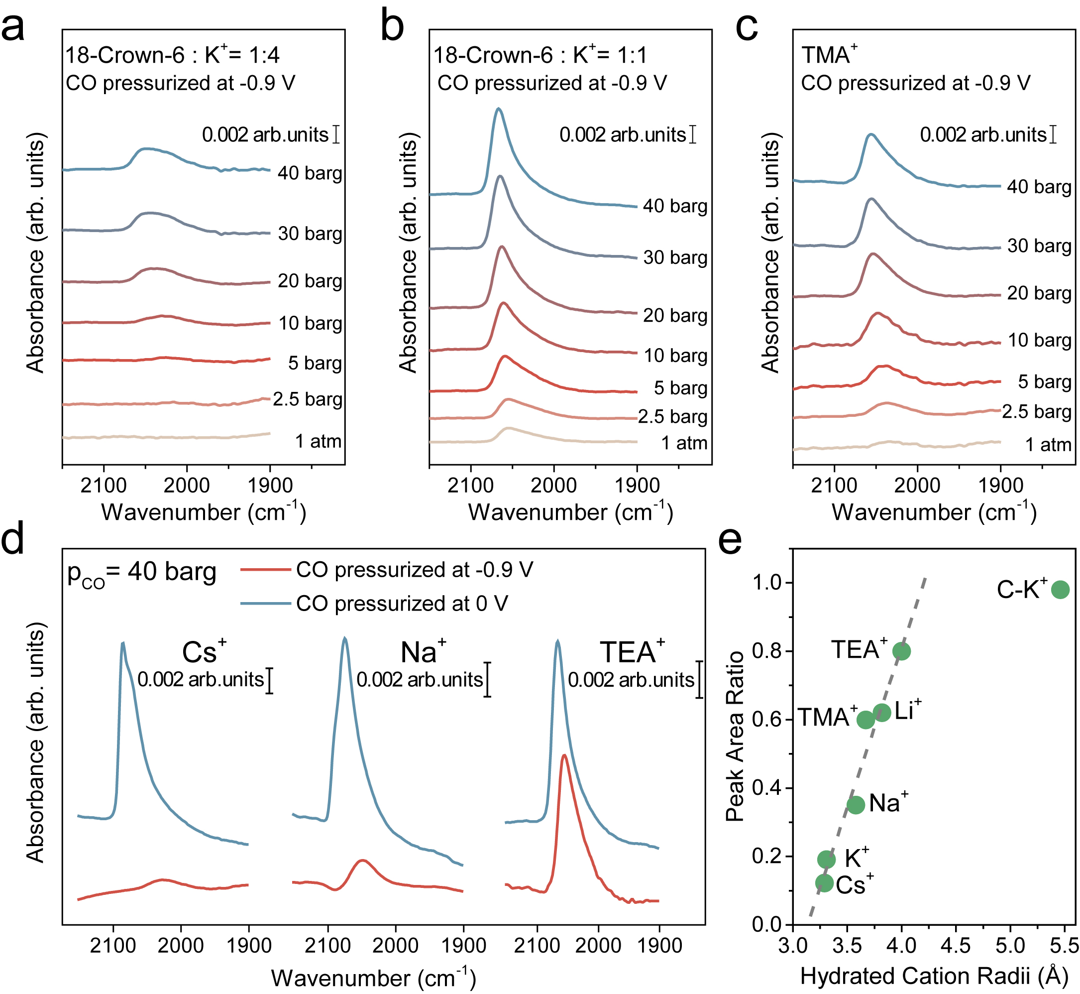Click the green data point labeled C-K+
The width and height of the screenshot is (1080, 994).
(1060, 590)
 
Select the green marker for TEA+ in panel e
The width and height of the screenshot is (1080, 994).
(901, 651)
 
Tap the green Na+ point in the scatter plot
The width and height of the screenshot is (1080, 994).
(856, 805)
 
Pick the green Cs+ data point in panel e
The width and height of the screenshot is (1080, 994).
(824, 882)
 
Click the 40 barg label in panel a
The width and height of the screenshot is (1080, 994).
(310, 173)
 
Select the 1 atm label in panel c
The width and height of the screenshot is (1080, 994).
(1048, 445)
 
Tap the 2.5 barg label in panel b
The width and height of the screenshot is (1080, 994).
(672, 417)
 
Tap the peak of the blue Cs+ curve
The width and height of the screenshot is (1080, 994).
(123, 642)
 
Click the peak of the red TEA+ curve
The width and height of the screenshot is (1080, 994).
(564, 755)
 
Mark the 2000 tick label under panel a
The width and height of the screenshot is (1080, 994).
(187, 486)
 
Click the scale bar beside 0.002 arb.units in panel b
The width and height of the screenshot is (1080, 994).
(693, 134)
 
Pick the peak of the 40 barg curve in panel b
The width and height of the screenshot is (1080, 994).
(499, 109)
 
